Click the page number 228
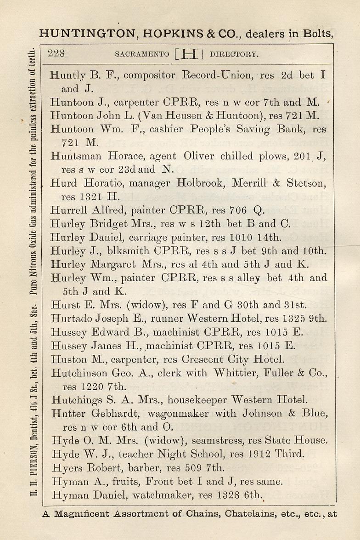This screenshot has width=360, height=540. [56, 53]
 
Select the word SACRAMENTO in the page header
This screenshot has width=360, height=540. [142, 54]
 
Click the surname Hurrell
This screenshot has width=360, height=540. [66, 210]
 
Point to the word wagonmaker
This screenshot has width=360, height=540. [176, 414]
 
